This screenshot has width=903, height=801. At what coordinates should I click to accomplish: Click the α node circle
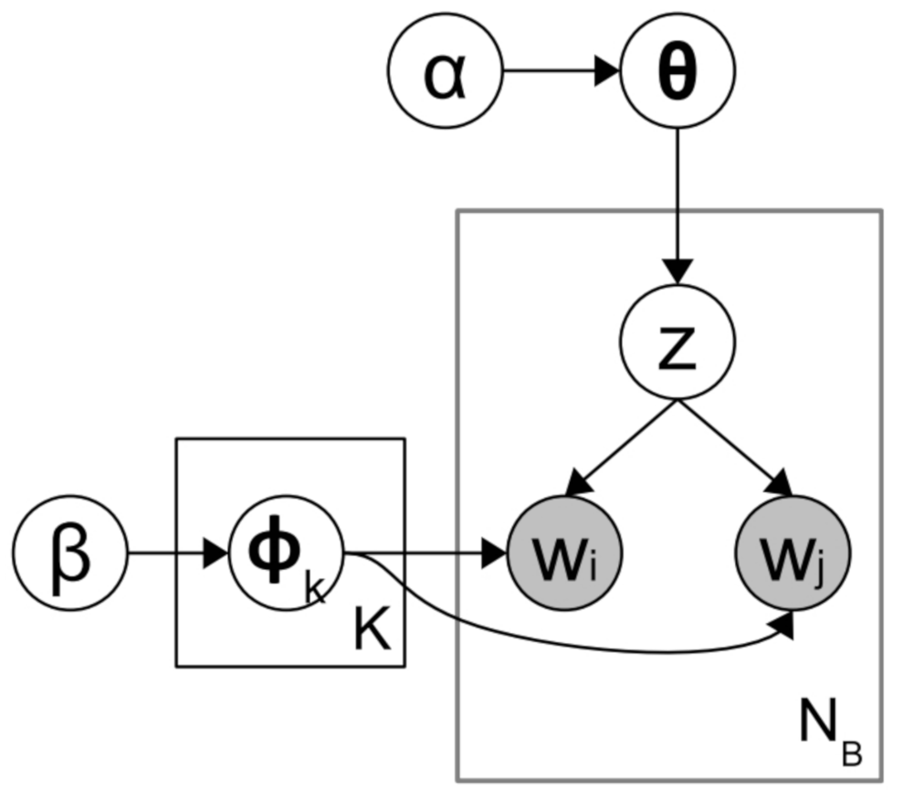click(x=446, y=72)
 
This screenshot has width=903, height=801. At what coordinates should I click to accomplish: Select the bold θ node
click(x=677, y=72)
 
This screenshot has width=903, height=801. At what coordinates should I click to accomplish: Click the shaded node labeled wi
click(x=563, y=553)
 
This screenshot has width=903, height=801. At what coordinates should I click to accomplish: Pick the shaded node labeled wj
click(x=793, y=553)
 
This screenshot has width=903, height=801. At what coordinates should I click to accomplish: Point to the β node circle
click(x=69, y=553)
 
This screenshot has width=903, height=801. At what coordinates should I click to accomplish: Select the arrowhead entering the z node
click(x=677, y=271)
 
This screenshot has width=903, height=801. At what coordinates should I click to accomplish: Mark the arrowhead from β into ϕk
click(x=216, y=553)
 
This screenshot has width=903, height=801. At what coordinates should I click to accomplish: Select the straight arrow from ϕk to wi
click(x=420, y=553)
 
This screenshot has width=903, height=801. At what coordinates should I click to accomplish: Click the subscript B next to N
click(x=851, y=754)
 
